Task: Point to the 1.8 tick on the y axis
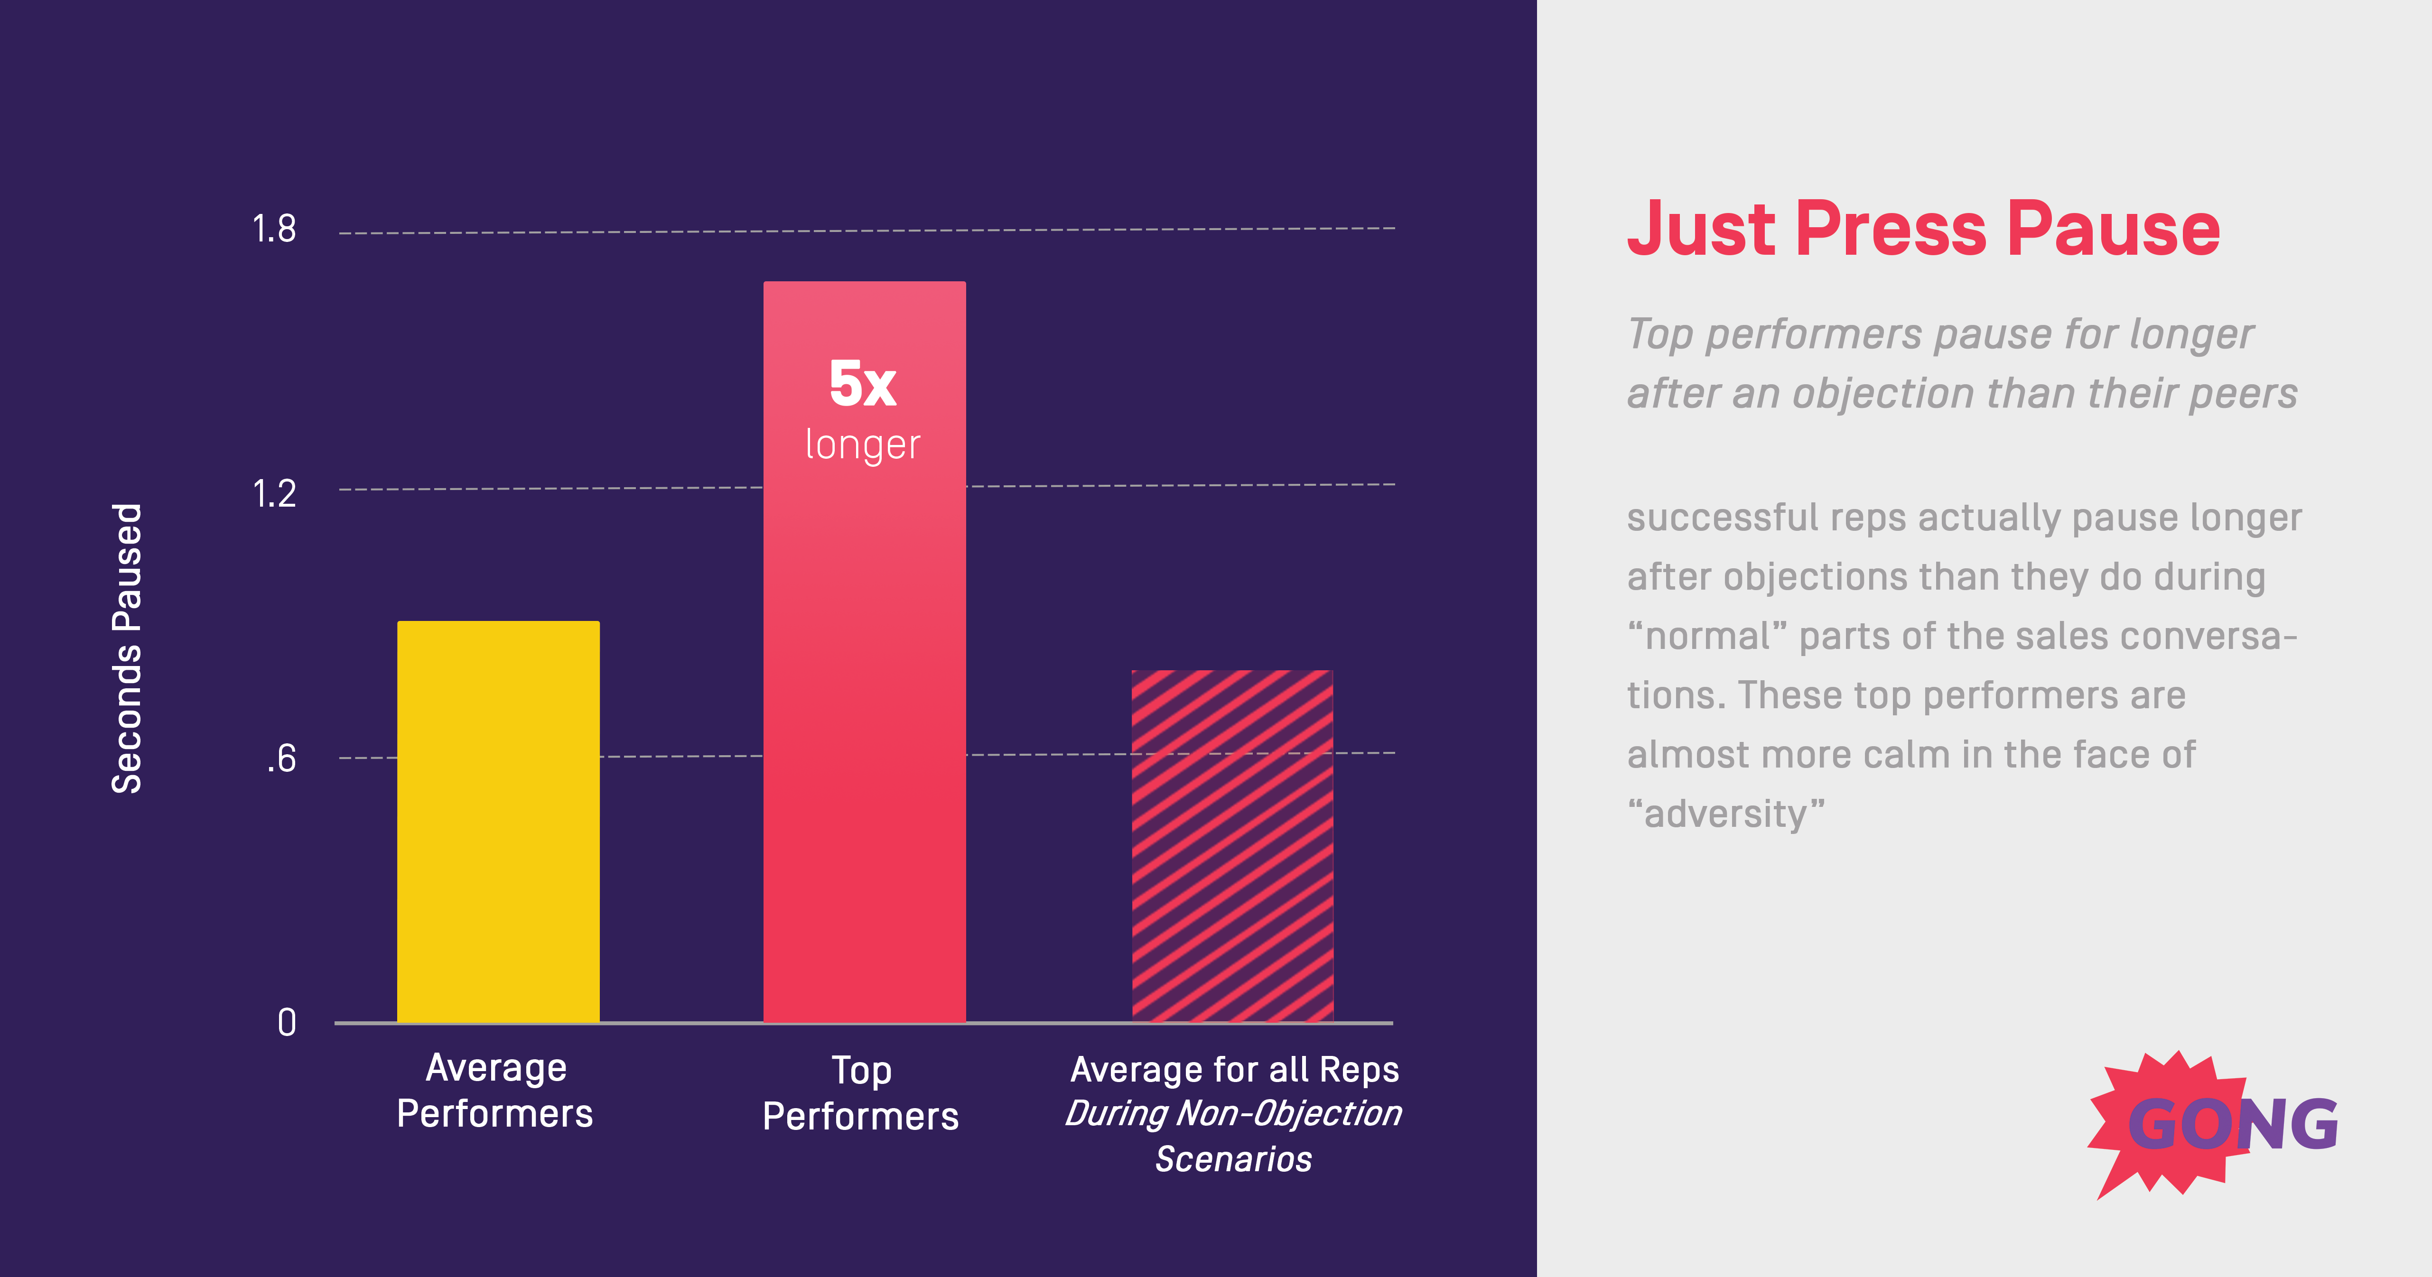coord(274,229)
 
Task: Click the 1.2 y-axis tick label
coord(274,494)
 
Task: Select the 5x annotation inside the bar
coord(862,384)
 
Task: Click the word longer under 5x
coord(862,444)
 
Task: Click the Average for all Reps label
coord(1234,1069)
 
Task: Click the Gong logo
coord(2214,1123)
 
